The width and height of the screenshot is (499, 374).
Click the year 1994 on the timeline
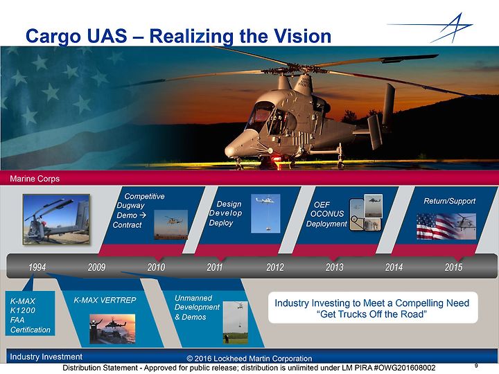coord(37,267)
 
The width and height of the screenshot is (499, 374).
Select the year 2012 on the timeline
coord(275,267)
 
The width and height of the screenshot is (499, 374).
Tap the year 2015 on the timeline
coord(453,267)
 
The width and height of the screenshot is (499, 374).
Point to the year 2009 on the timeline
coord(96,267)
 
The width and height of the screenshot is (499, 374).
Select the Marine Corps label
coord(35,179)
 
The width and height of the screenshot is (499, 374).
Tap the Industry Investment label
coord(46,357)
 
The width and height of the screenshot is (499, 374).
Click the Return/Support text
coord(449,201)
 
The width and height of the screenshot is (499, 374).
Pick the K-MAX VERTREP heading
coord(105,300)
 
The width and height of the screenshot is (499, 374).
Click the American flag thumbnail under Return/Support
coord(446,226)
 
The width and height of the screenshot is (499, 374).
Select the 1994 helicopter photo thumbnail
coord(56,220)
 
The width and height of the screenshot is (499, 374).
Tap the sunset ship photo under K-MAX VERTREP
coord(112,329)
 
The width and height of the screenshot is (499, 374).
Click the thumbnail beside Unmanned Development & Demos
coord(235,323)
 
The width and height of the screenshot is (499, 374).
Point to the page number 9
coord(476,366)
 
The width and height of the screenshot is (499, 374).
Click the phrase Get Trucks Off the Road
coord(371,314)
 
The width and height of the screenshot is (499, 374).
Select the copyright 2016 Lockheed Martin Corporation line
coord(249,359)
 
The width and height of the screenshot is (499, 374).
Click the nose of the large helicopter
coord(230,151)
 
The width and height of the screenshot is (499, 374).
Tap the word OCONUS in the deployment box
coord(327,214)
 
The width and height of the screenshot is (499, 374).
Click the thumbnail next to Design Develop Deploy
coord(265,213)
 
